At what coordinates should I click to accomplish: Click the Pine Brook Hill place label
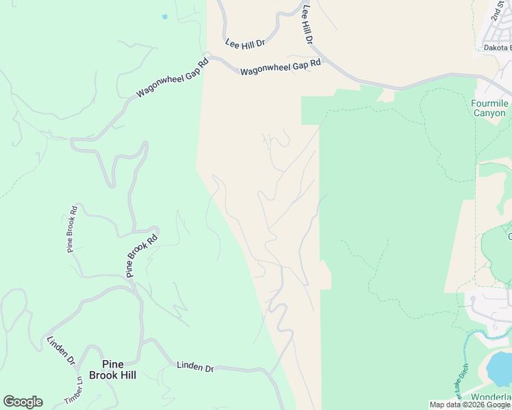[118, 370]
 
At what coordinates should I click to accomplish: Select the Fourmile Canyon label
[490, 108]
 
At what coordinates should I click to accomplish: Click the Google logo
[23, 401]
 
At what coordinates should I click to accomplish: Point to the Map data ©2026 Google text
[470, 405]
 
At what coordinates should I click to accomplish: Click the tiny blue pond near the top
[164, 16]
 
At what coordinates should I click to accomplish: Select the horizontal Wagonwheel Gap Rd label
[280, 66]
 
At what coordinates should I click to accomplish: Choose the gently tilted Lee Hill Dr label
[244, 44]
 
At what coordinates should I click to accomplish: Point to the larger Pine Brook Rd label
[142, 256]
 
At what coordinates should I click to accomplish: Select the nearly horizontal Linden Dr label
[195, 367]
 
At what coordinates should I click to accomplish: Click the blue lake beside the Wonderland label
[498, 369]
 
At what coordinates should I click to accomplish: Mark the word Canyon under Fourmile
[490, 113]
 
